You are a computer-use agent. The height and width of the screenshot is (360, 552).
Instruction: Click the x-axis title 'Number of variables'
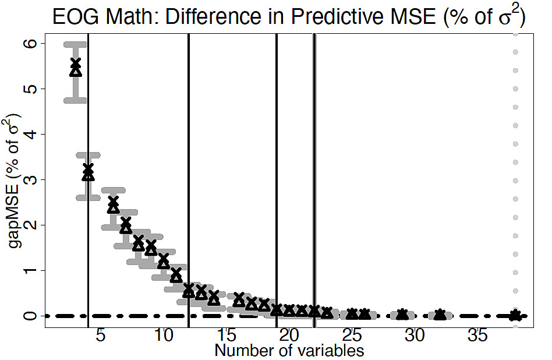[x=289, y=351]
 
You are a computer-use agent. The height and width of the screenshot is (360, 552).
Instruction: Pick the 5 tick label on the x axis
[x=100, y=336]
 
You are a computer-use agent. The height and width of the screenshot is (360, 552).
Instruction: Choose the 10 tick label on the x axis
[x=163, y=336]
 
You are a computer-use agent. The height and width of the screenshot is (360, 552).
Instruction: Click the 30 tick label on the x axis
[x=415, y=336]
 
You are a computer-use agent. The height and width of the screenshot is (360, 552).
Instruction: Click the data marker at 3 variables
[x=75, y=66]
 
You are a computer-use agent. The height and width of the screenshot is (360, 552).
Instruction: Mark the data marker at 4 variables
[x=88, y=172]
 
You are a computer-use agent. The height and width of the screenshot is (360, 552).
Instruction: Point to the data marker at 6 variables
[x=113, y=204]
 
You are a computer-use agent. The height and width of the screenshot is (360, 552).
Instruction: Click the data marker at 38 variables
[x=515, y=315]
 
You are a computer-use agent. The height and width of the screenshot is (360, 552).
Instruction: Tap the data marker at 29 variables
[x=402, y=315]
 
